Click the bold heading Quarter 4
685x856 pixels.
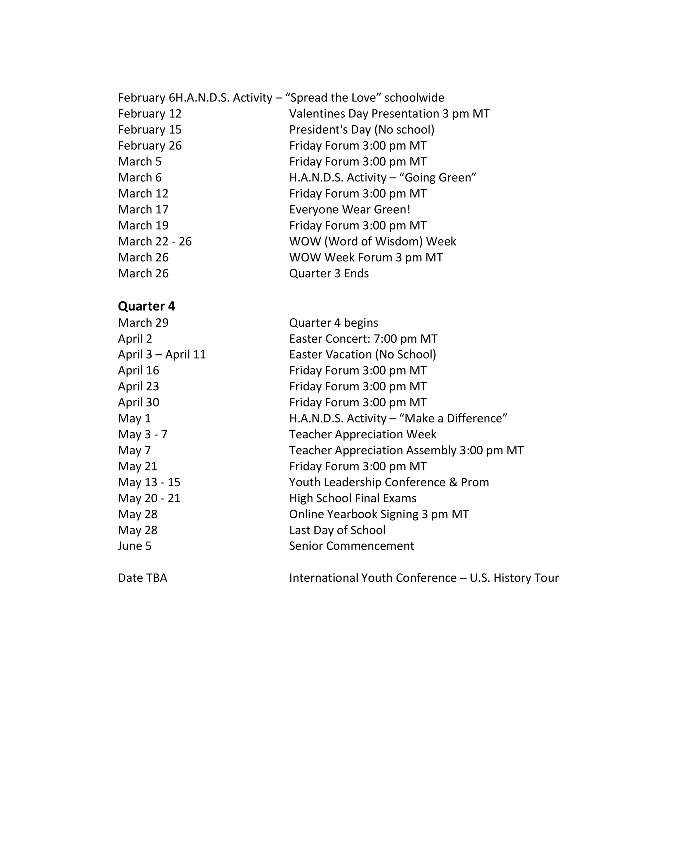(x=146, y=306)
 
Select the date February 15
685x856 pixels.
(x=150, y=130)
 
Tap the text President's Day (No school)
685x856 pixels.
(x=361, y=130)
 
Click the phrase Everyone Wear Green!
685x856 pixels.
(x=349, y=210)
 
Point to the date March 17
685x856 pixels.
(x=143, y=210)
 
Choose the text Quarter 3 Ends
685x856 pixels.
(x=329, y=274)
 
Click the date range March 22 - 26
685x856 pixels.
(x=154, y=241)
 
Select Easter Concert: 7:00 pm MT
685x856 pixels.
(x=363, y=339)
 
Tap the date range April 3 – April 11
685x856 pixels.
(x=162, y=354)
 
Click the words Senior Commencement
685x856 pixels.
(x=351, y=546)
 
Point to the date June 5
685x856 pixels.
(x=135, y=546)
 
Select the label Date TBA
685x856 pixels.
(x=142, y=578)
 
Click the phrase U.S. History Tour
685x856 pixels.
(x=514, y=578)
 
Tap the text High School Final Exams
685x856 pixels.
(x=353, y=498)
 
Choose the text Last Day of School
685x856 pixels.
(x=337, y=530)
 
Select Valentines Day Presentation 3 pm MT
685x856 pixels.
(x=389, y=114)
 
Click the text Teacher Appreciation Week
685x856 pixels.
(x=363, y=435)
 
